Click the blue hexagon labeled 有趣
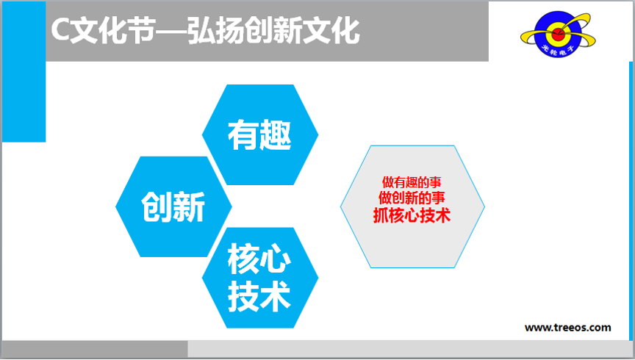[x=260, y=135]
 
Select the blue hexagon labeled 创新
[x=173, y=206]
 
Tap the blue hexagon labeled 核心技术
[x=260, y=278]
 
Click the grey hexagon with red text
[x=412, y=206]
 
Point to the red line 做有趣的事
[x=412, y=182]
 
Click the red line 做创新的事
[x=412, y=198]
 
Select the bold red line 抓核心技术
[x=412, y=215]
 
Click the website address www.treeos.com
[x=568, y=328]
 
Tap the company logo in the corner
[x=558, y=34]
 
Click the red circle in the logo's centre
[x=558, y=34]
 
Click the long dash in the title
[x=172, y=31]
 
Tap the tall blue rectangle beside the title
[x=24, y=72]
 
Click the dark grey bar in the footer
[x=95, y=349]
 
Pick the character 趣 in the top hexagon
[x=276, y=135]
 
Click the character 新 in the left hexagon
[x=190, y=206]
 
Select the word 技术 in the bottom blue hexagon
[x=259, y=296]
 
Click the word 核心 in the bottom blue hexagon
[x=259, y=259]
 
